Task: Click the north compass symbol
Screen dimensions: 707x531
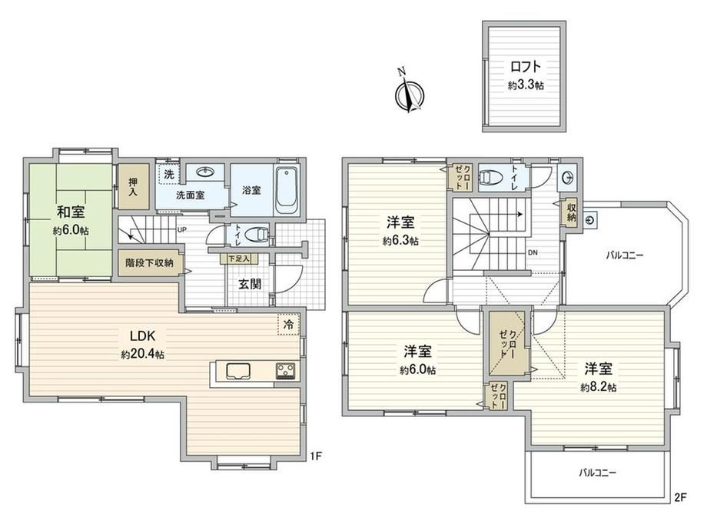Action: point(410,94)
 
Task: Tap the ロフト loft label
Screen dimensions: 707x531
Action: point(526,67)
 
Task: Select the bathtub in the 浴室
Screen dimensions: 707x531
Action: point(287,191)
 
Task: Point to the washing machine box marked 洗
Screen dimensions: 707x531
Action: point(168,174)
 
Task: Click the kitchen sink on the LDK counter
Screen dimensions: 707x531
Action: point(237,371)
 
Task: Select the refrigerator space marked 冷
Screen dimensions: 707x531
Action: point(288,324)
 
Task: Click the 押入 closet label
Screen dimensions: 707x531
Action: point(133,186)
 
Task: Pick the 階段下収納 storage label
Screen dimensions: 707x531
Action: point(149,262)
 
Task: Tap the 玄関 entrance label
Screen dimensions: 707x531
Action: point(250,284)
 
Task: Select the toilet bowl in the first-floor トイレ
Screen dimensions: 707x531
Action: point(256,235)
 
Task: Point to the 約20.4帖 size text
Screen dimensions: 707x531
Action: point(142,354)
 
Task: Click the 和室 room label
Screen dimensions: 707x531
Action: point(71,212)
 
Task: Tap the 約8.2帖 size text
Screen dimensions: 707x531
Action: point(599,387)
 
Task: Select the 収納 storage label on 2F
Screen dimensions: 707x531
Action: point(571,212)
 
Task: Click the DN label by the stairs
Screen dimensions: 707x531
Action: point(533,252)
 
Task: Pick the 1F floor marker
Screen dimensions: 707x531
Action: point(315,456)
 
